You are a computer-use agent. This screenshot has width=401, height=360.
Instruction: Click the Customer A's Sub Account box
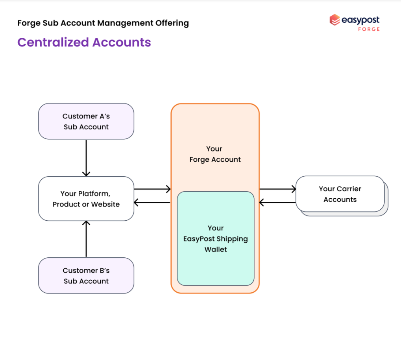tap(86, 122)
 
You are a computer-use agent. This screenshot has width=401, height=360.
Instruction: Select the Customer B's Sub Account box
tap(86, 276)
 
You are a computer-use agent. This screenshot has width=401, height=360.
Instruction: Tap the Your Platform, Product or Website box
tap(86, 199)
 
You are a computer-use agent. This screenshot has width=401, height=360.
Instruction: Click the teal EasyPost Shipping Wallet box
tap(216, 238)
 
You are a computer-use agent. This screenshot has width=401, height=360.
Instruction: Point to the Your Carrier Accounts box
tap(340, 194)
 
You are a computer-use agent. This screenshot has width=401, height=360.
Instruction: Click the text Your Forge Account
tap(215, 154)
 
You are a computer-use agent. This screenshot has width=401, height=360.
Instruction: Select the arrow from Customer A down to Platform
tap(86, 158)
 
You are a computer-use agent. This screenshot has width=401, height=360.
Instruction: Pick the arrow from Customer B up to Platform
tap(86, 239)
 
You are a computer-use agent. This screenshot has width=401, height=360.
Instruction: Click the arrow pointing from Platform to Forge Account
tap(152, 189)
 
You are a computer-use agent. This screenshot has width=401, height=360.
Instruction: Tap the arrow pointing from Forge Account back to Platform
tap(152, 203)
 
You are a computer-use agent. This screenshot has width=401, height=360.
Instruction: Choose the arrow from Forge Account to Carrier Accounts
tap(278, 189)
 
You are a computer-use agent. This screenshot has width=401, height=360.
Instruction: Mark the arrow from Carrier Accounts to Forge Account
tap(278, 203)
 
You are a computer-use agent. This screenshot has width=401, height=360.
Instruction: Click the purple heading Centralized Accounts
tap(84, 42)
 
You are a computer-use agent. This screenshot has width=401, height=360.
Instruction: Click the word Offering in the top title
tap(172, 23)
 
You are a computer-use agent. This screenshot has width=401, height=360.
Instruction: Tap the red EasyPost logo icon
tap(334, 20)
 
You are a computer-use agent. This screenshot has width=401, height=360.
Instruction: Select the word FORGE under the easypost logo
tap(369, 29)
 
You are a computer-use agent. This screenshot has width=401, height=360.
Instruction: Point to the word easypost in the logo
tap(360, 20)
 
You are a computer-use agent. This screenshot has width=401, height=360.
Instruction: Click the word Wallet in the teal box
tap(216, 249)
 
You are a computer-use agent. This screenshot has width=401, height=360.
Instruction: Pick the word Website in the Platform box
tap(105, 204)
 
